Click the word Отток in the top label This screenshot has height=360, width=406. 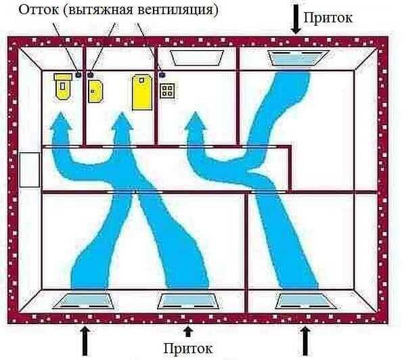[x=37, y=11]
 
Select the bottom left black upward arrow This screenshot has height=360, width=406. [x=84, y=340]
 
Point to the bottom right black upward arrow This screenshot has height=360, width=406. [x=306, y=340]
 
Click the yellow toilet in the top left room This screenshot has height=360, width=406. [x=62, y=86]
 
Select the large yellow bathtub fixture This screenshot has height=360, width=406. [x=143, y=91]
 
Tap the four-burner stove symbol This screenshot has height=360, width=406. [x=167, y=90]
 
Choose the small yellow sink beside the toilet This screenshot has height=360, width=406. [x=95, y=91]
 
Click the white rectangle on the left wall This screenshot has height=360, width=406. [x=30, y=169]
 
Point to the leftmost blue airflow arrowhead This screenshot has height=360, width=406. [x=61, y=123]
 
